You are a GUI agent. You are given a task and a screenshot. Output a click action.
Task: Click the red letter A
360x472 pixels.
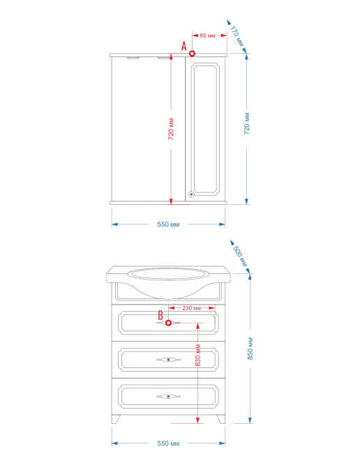(x=184, y=46)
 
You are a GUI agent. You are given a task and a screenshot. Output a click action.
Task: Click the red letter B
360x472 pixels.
(x=160, y=315)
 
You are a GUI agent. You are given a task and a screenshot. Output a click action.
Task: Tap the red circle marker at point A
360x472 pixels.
(x=192, y=54)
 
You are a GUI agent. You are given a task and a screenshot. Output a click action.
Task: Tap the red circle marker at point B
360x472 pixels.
(x=169, y=323)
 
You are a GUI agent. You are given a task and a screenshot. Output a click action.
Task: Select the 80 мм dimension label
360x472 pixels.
(x=208, y=36)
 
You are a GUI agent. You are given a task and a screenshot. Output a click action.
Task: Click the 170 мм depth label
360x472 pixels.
(x=237, y=36)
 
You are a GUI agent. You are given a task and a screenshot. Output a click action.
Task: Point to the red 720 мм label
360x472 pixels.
(x=171, y=129)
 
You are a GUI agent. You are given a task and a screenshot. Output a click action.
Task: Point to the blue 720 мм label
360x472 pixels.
(x=247, y=123)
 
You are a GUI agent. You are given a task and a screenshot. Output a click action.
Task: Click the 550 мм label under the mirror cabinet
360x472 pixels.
(x=168, y=224)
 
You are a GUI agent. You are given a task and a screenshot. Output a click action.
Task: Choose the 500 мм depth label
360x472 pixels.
(x=241, y=257)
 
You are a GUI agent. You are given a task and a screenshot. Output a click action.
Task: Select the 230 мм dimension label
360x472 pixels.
(x=192, y=308)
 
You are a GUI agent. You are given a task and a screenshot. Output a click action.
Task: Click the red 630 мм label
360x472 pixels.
(x=197, y=355)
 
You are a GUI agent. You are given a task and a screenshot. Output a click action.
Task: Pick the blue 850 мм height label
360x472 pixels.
(x=250, y=349)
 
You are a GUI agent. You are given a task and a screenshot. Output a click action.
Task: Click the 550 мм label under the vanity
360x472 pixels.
(x=168, y=443)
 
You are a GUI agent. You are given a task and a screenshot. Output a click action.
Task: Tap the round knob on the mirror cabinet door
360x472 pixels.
(x=191, y=195)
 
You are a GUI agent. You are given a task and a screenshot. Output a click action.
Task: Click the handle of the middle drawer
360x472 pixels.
(x=168, y=360)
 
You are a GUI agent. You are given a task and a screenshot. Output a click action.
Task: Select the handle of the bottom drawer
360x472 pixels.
(x=168, y=397)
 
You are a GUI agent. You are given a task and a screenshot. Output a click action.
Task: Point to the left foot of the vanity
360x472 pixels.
(x=116, y=419)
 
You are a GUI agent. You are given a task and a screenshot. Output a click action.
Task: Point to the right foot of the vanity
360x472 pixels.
(x=220, y=419)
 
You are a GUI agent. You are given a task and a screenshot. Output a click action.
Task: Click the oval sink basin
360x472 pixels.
(x=168, y=274)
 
